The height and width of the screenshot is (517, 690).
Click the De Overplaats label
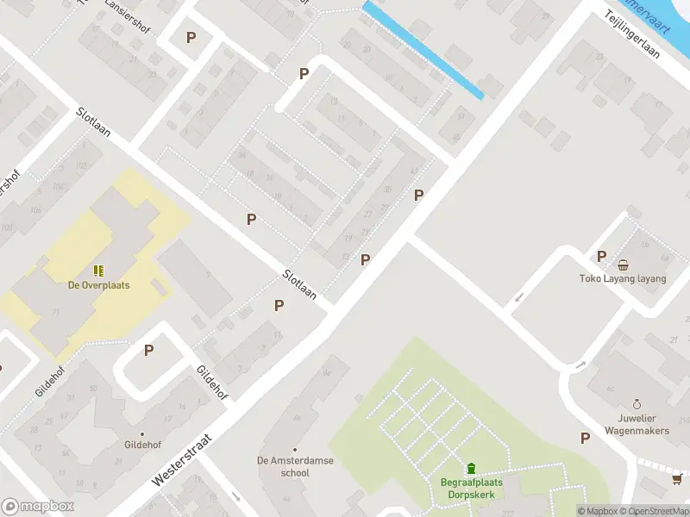[x=99, y=285]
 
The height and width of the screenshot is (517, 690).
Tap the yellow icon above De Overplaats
[x=99, y=270]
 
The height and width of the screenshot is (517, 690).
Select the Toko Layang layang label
[x=623, y=279]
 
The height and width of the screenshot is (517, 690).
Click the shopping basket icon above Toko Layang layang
[x=623, y=265]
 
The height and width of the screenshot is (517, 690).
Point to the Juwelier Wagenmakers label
[x=637, y=424]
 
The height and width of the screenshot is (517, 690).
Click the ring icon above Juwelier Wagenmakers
[x=637, y=403]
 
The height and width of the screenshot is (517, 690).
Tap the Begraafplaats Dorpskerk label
[x=471, y=489]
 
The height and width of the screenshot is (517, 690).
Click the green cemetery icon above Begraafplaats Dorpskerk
[x=471, y=469]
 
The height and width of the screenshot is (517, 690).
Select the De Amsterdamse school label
[x=295, y=466]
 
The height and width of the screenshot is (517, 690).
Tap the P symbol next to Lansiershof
[x=191, y=37]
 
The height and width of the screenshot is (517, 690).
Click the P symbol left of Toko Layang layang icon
[x=602, y=256]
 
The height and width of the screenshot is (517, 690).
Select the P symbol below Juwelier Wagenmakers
[x=586, y=438]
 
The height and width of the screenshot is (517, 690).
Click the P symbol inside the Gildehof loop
[x=148, y=351]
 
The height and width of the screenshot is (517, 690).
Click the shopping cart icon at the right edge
[x=679, y=479]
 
